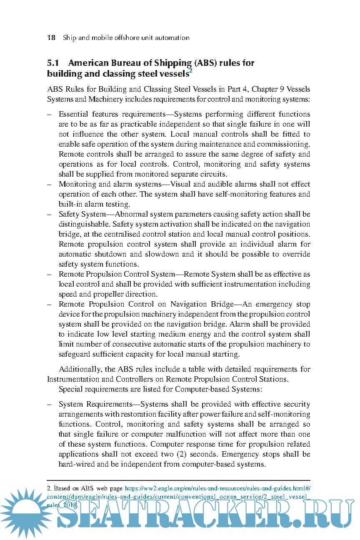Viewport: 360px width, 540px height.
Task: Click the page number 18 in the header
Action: (51, 38)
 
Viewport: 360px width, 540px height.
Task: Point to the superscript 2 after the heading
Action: (191, 71)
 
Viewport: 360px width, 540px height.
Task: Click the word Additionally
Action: (80, 369)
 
